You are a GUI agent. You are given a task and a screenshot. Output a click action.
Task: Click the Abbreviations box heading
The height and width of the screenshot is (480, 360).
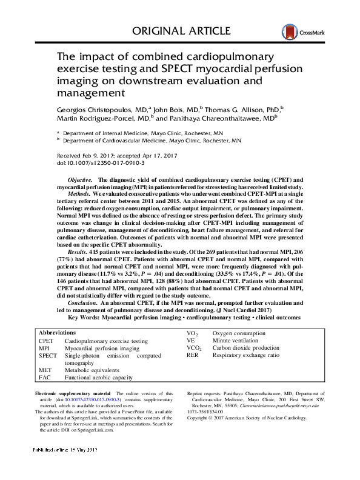pos(57,333)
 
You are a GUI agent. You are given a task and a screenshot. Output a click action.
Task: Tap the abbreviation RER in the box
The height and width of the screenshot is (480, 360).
pos(193,356)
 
